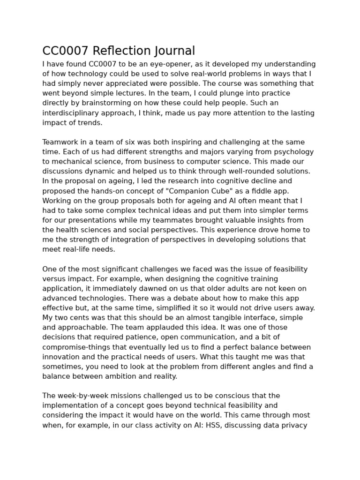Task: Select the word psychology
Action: click(296, 152)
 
